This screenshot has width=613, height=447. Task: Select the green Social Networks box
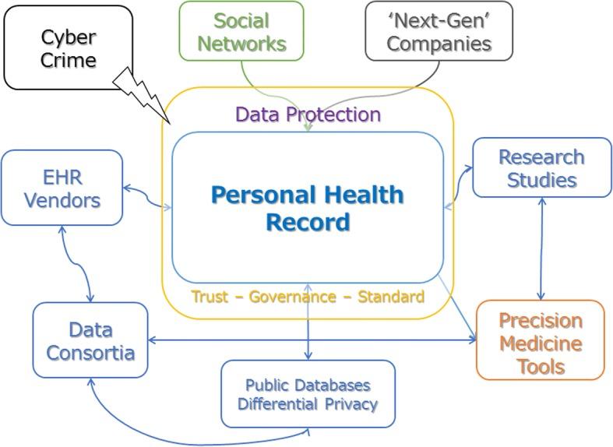241,31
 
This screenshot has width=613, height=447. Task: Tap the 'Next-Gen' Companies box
439,31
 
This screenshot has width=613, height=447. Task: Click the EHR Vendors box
62,188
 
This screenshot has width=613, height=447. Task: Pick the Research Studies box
541,168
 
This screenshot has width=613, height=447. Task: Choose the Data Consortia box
90,341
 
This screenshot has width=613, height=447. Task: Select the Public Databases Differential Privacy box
307,394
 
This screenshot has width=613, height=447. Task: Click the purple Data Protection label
308,115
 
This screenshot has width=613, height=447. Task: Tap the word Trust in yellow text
210,297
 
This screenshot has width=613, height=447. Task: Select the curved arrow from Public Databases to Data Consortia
171,426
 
